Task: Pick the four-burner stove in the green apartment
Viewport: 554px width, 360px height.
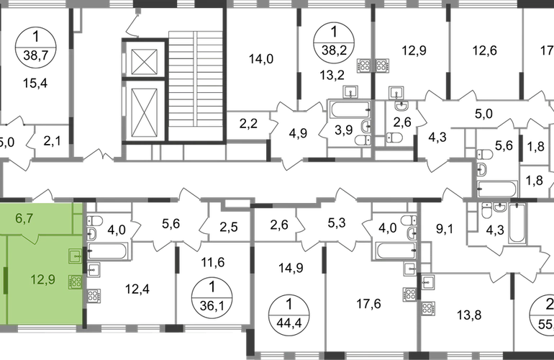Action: point(74,282)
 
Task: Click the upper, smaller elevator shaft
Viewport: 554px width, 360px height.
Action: point(146,61)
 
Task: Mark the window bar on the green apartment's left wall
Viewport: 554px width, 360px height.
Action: point(6,279)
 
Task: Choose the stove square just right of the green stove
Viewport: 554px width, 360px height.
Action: point(95,294)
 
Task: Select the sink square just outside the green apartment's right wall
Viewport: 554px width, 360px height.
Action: point(94,269)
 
